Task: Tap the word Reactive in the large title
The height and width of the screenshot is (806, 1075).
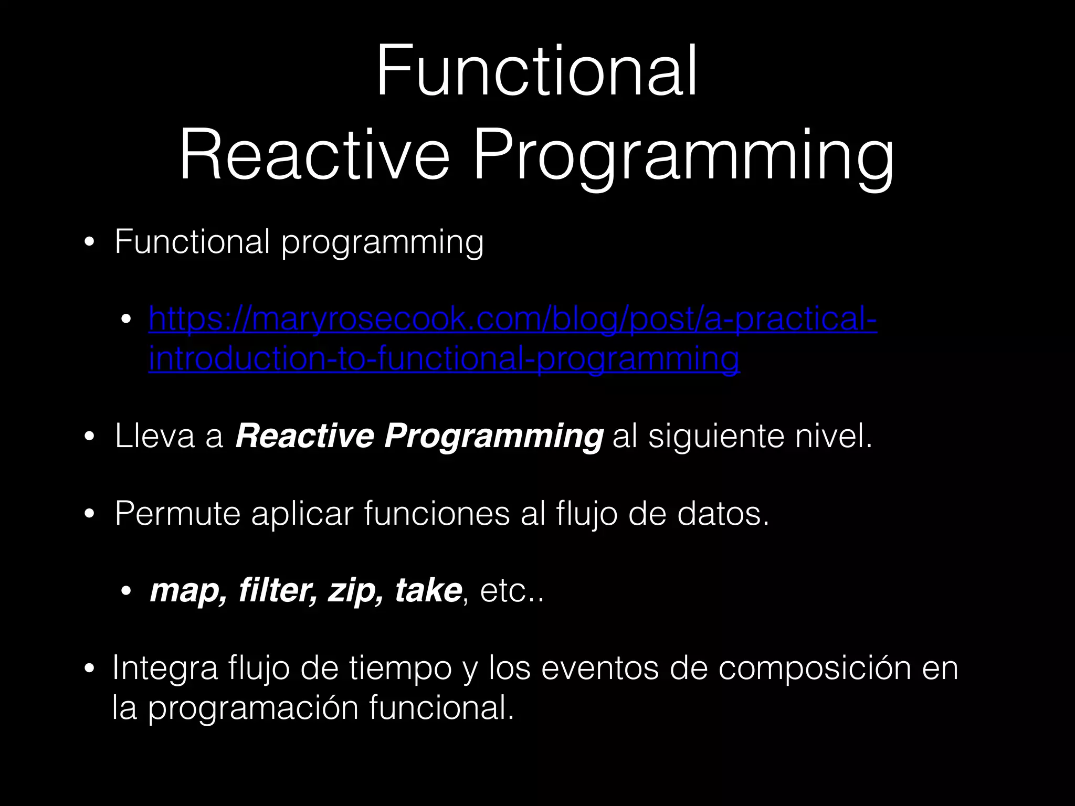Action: click(314, 156)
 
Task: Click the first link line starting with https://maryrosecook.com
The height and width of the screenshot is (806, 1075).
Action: click(512, 319)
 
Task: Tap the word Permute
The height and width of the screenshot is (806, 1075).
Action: click(177, 513)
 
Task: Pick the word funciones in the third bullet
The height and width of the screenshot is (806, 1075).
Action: click(436, 513)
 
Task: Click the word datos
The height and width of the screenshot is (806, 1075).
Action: click(723, 513)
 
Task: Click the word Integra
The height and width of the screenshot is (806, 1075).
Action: click(165, 669)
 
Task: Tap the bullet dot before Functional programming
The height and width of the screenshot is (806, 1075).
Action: click(89, 243)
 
